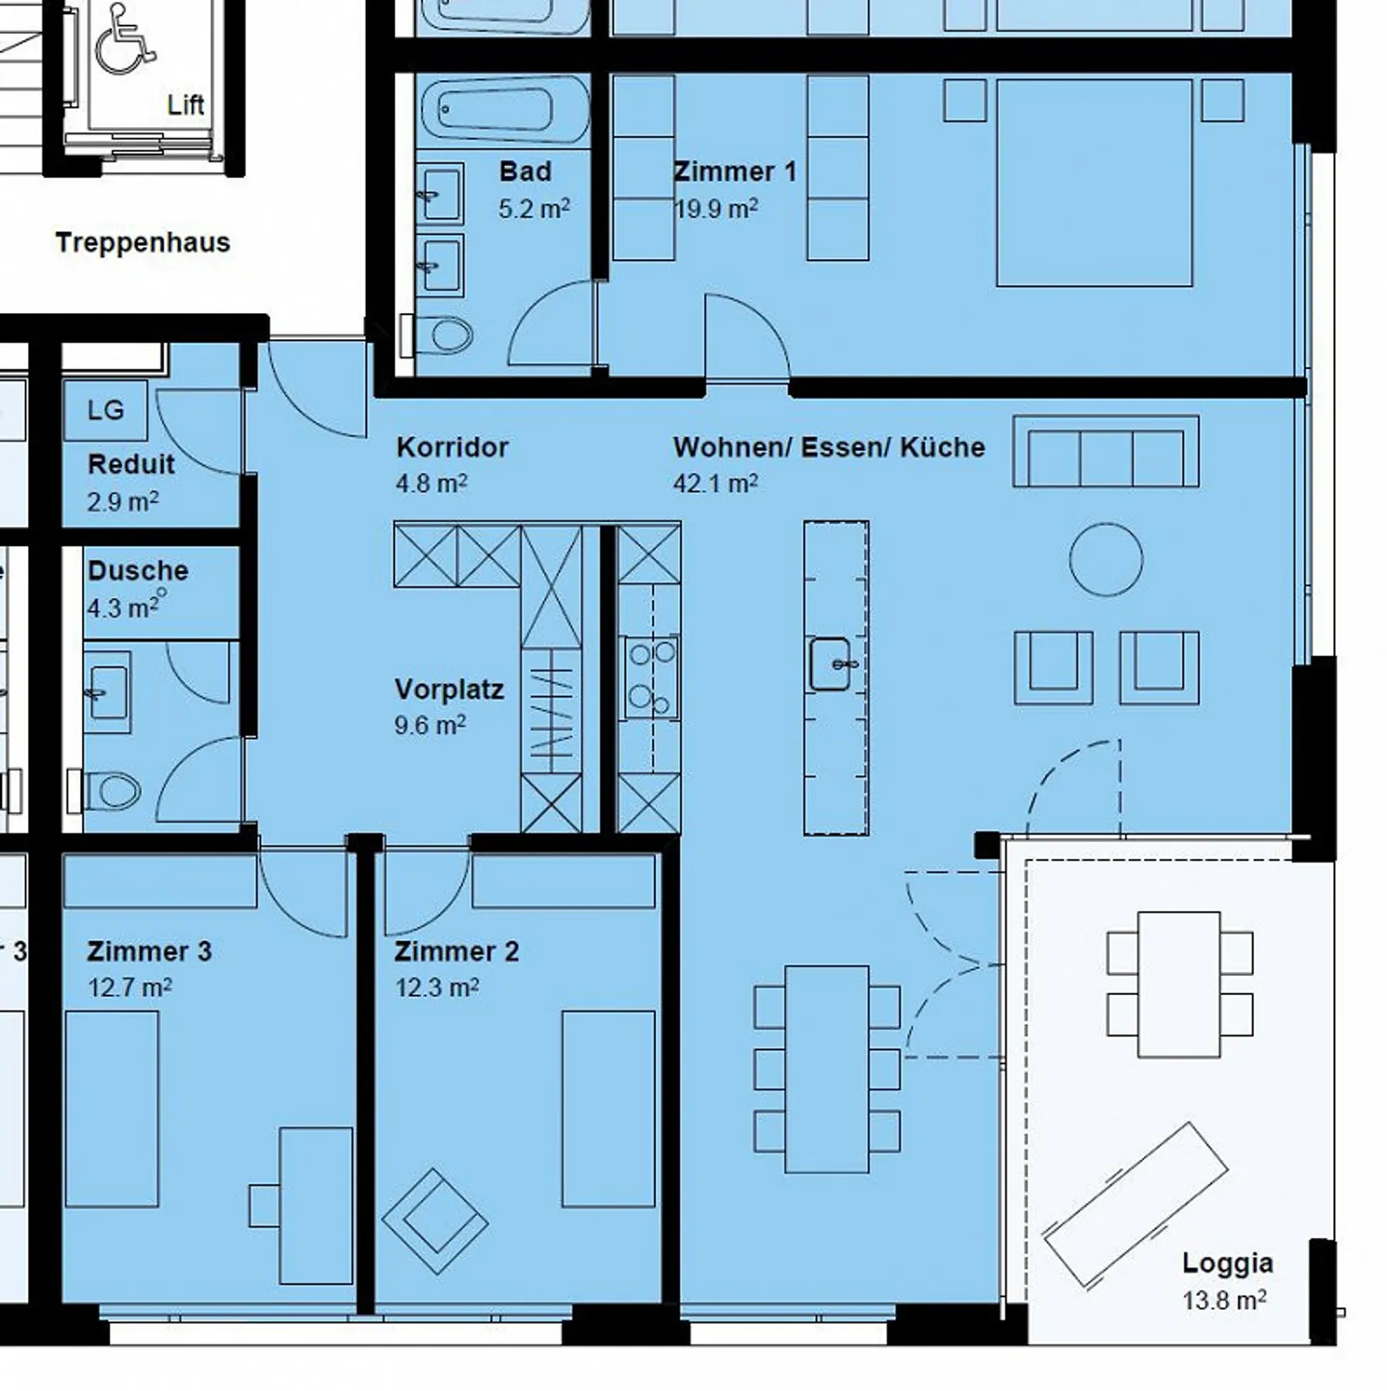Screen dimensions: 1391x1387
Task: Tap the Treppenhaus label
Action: (143, 243)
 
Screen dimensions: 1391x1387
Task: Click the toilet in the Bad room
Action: (447, 336)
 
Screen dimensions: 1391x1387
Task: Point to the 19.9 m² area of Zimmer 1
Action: (716, 208)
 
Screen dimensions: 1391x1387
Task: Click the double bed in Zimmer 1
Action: (1094, 183)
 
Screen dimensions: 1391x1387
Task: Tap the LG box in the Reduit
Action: (105, 410)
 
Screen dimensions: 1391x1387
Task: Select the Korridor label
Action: (452, 447)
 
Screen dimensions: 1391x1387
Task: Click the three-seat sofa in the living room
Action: (1106, 452)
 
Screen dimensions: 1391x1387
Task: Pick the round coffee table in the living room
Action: (1106, 560)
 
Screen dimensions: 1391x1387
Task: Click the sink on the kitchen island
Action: (830, 664)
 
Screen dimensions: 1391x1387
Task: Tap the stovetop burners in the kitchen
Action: (651, 676)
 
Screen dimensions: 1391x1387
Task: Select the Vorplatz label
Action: (449, 690)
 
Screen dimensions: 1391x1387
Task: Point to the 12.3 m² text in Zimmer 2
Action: (436, 988)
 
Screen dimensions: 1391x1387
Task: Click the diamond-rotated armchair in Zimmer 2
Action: (434, 1220)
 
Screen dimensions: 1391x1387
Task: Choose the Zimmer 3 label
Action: (149, 952)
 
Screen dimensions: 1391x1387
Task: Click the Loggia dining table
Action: (1179, 984)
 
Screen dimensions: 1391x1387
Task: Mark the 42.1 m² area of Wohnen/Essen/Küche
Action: (715, 484)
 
